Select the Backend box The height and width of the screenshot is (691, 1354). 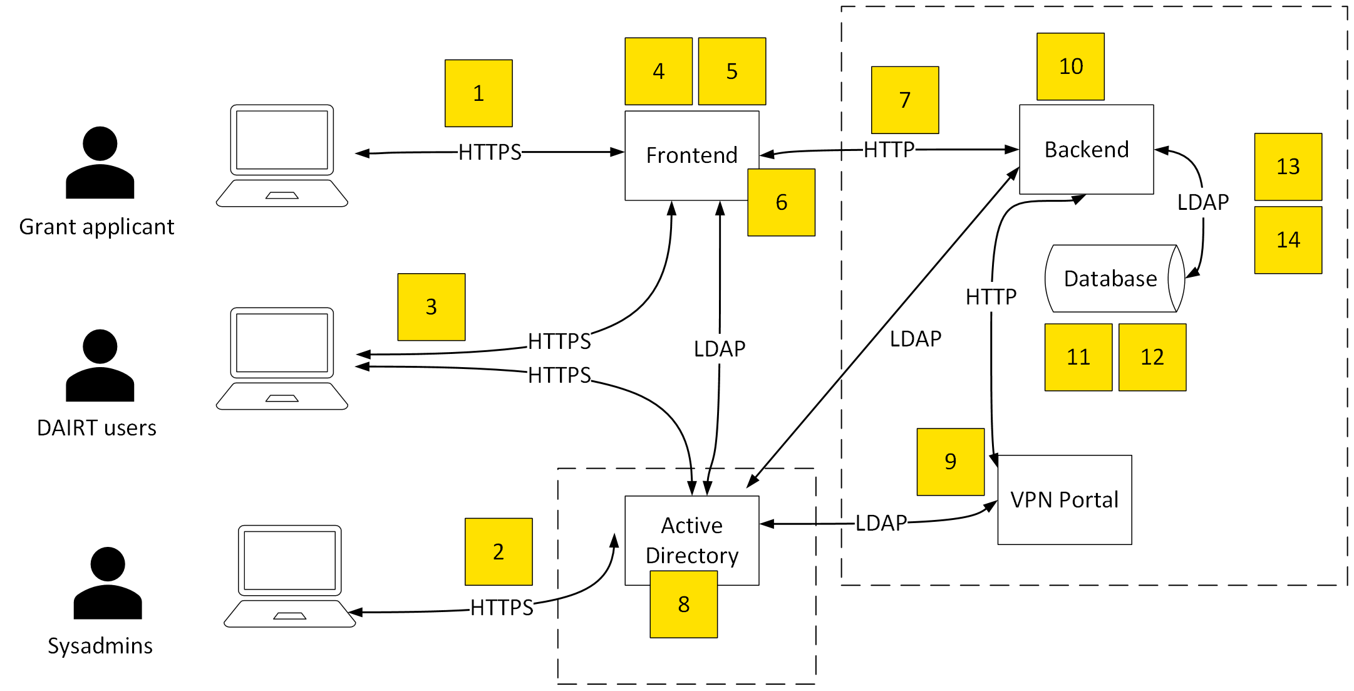[x=1086, y=149]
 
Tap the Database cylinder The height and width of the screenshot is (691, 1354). [x=1111, y=278]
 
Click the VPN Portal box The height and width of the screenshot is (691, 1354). [x=1064, y=499]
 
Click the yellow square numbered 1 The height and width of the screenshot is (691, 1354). [x=478, y=93]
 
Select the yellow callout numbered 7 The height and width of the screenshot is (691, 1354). [x=904, y=100]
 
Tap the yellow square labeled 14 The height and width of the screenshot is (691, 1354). [x=1288, y=240]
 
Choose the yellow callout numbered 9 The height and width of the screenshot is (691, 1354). [x=950, y=462]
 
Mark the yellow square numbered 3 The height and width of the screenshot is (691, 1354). [x=431, y=306]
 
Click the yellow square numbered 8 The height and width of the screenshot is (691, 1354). [x=683, y=605]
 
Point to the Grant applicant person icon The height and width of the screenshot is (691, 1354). [x=100, y=163]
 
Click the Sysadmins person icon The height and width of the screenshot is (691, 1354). [x=108, y=583]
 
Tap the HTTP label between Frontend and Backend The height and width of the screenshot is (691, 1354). [x=889, y=150]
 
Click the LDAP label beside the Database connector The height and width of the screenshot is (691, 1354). [x=1202, y=202]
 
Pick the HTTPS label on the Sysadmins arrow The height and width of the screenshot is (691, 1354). [x=502, y=607]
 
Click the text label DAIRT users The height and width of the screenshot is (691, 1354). [x=96, y=428]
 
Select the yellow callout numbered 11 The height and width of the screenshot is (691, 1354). [x=1078, y=357]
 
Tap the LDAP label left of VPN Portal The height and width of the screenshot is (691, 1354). [x=881, y=523]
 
